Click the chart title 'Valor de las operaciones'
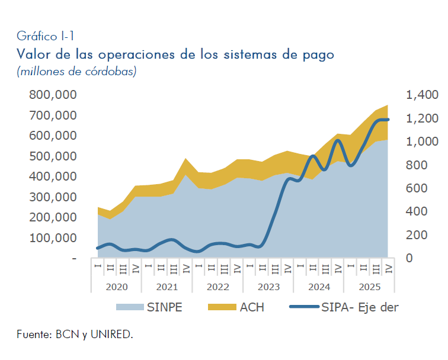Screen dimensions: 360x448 pyautogui.click(x=175, y=54)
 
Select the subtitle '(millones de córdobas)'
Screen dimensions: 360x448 pyautogui.click(x=76, y=72)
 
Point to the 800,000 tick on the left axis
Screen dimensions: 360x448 pyautogui.click(x=53, y=95)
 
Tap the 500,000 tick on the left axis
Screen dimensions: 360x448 pyautogui.click(x=53, y=156)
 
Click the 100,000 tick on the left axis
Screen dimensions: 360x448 pyautogui.click(x=53, y=237)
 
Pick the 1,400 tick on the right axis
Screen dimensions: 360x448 pyautogui.click(x=422, y=95)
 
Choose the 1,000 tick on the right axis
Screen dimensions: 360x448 pyautogui.click(x=422, y=142)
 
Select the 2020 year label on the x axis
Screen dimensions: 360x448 pyautogui.click(x=116, y=287)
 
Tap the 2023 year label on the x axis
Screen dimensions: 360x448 pyautogui.click(x=268, y=287)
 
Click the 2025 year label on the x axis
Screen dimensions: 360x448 pyautogui.click(x=370, y=287)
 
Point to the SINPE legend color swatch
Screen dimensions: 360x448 pyautogui.click(x=129, y=307)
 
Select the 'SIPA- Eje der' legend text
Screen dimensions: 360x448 pyautogui.click(x=360, y=307)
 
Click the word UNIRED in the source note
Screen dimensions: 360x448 pyautogui.click(x=113, y=335)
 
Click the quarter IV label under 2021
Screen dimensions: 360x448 pyautogui.click(x=186, y=268)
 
